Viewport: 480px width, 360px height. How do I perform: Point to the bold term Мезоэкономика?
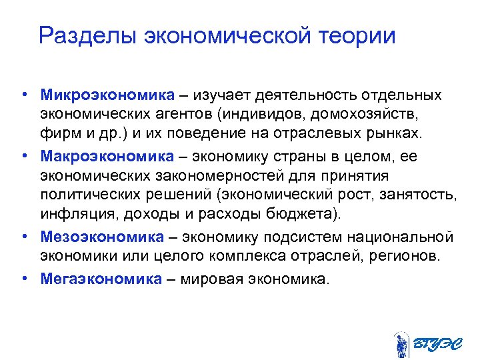[x=101, y=237]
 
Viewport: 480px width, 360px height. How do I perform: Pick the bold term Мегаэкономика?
[x=101, y=277]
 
